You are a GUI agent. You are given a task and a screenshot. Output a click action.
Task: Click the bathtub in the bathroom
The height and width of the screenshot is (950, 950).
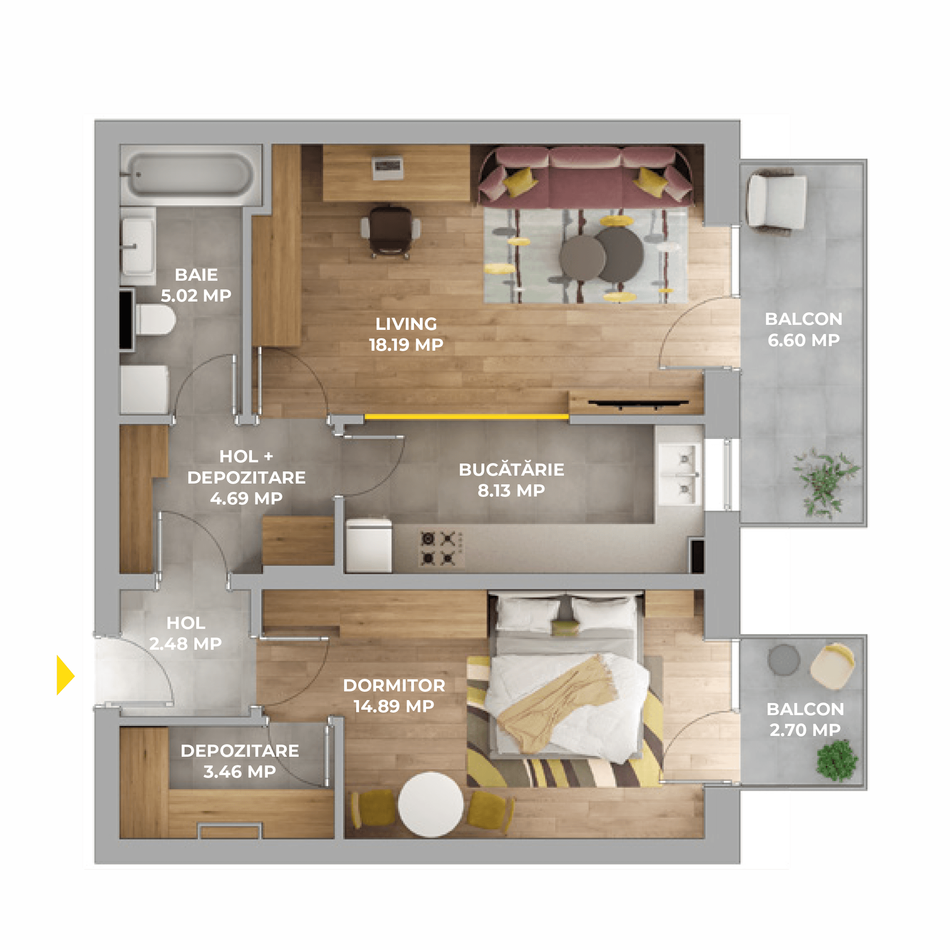(x=190, y=175)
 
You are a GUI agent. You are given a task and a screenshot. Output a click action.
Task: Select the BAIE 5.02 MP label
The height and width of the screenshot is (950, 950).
(x=196, y=285)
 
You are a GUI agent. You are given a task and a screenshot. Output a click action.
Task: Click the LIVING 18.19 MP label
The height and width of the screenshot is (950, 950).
(x=406, y=334)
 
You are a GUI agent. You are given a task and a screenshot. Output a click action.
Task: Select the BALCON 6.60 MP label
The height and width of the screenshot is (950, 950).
(x=803, y=329)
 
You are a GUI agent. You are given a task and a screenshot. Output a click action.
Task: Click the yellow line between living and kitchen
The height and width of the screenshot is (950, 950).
(x=466, y=417)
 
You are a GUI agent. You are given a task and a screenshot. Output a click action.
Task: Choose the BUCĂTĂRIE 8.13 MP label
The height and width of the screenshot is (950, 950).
(x=511, y=480)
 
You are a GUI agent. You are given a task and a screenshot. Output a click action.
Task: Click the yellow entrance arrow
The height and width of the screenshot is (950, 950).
(x=65, y=675)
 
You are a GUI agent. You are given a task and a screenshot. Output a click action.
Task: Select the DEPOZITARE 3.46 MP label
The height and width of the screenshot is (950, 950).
(x=239, y=761)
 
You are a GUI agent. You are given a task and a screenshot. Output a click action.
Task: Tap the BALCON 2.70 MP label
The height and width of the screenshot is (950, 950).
(x=805, y=719)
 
